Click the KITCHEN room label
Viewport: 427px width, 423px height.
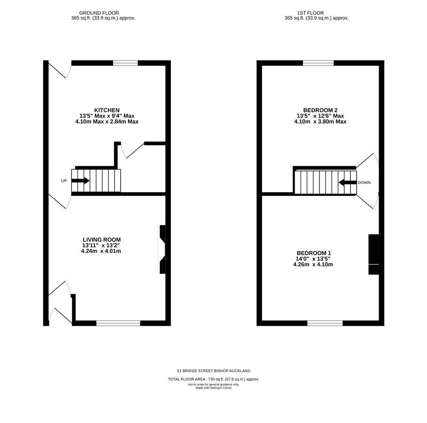107,110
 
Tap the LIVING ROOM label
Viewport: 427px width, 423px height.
101,240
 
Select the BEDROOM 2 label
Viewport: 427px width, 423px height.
320,110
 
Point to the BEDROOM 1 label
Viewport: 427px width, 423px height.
314,253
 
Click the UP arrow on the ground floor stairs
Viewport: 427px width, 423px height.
80,180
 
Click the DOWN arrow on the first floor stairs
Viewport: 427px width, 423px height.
348,182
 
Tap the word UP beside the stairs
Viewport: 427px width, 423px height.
64,180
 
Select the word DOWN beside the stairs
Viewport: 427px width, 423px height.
364,182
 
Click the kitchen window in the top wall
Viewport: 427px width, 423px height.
125,63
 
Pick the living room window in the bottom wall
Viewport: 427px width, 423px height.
118,323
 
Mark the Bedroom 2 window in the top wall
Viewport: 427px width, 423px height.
318,63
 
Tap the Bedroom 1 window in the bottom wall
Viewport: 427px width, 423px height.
325,323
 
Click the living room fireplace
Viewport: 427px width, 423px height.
162,249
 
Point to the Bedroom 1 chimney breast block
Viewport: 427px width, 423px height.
373,254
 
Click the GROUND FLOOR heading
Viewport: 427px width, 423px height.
99,13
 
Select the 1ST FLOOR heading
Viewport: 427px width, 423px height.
311,13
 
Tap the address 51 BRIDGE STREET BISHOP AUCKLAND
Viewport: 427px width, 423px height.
213,371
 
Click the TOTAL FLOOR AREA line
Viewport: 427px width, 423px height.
213,379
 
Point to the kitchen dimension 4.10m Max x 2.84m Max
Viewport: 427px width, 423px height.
107,122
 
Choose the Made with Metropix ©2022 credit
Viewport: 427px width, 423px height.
213,388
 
